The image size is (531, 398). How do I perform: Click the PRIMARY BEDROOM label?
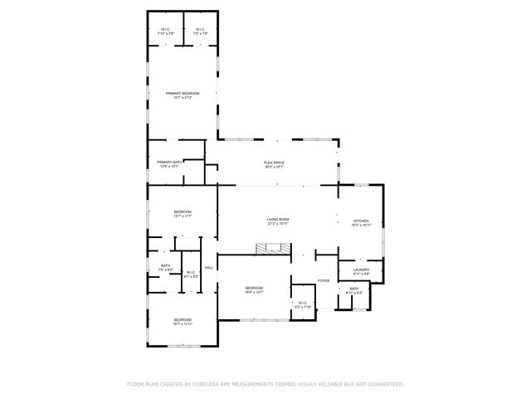[x=183, y=94]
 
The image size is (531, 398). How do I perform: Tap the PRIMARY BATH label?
[x=169, y=162]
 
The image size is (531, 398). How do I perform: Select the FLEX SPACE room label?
[x=275, y=162]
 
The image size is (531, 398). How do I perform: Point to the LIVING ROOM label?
[x=277, y=218]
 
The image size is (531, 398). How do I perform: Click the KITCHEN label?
[x=361, y=221]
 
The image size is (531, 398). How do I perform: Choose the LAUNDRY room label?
[x=361, y=269]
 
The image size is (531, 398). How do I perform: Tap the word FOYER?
[x=324, y=281]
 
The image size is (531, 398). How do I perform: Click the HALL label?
[x=209, y=267]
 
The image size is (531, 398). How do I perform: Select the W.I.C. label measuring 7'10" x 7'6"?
[x=165, y=31]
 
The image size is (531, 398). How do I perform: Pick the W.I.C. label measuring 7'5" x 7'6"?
[x=200, y=31]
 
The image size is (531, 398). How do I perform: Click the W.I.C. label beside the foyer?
[x=300, y=303]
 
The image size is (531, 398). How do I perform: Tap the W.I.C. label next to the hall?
[x=190, y=272]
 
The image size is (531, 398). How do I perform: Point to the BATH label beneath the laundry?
[x=353, y=289]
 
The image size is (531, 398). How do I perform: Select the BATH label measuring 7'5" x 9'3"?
[x=166, y=265]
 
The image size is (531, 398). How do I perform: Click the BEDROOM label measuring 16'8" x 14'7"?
[x=254, y=288]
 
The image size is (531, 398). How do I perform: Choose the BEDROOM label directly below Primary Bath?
[x=183, y=212]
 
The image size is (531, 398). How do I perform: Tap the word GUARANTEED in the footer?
[x=385, y=384]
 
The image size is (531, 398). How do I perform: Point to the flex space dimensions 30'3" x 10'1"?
[x=275, y=167]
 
